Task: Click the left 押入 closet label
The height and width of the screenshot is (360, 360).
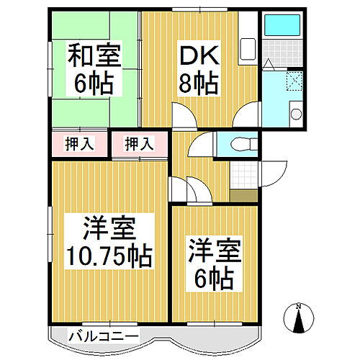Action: (x=80, y=144)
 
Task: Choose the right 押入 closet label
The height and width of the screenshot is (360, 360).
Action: (x=140, y=144)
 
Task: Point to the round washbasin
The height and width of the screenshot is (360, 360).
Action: (x=294, y=113)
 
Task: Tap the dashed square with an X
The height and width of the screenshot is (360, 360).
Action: (x=294, y=81)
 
